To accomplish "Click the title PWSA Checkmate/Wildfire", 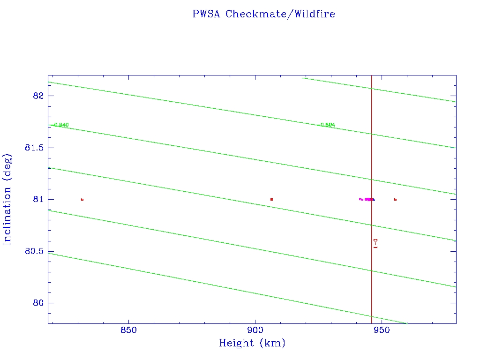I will point(263,14).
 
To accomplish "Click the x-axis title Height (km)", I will point(252,343).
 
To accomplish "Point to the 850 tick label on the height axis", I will point(128,330).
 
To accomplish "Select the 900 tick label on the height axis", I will point(255,330).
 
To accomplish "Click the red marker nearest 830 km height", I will point(82,200).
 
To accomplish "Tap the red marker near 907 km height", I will point(271,200).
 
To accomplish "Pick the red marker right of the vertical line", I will point(395,200).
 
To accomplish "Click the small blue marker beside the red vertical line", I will point(374,200).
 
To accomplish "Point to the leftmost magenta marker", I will point(360,199).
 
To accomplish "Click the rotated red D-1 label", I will point(375,243).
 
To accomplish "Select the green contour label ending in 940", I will point(61,125).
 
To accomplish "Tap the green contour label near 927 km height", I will point(327,125).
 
